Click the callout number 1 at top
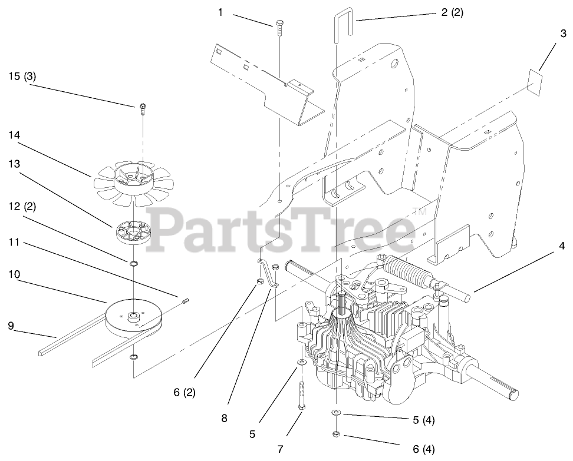click(220, 11)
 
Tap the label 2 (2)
click(452, 12)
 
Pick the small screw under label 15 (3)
click(143, 107)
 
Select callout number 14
click(15, 135)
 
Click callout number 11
click(14, 242)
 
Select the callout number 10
click(14, 275)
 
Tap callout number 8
click(224, 419)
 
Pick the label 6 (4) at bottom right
click(423, 450)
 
